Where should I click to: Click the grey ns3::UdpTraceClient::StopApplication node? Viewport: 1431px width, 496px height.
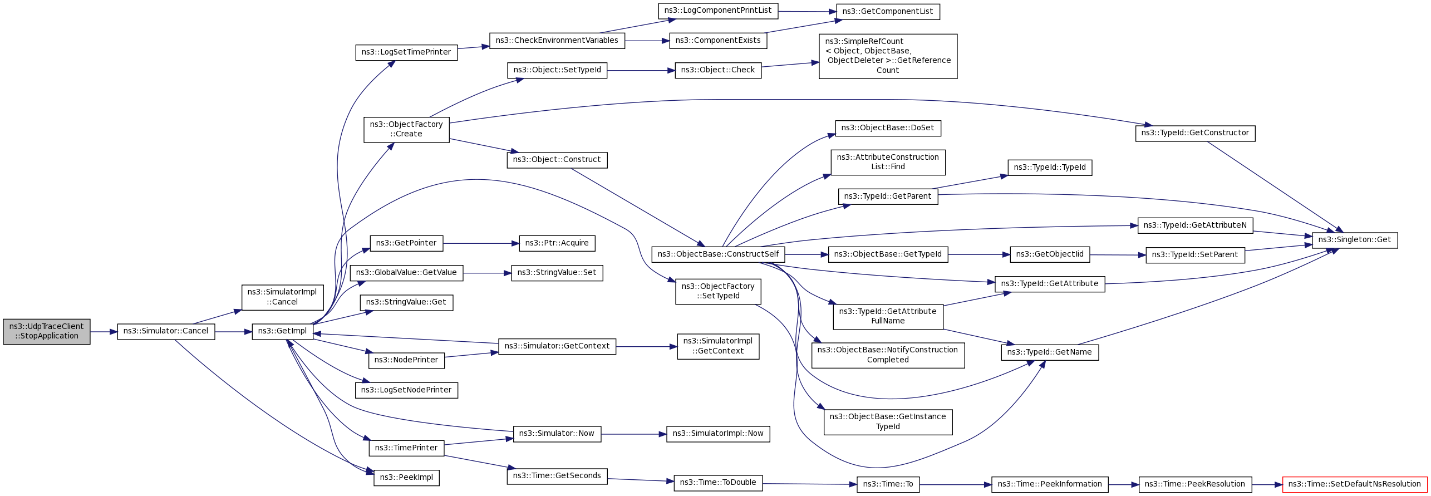coord(47,331)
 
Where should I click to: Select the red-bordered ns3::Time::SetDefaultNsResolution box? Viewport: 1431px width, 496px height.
coord(1355,484)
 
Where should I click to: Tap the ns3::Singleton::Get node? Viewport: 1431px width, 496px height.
coord(1355,240)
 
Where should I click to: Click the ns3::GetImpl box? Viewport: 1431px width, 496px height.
coord(282,331)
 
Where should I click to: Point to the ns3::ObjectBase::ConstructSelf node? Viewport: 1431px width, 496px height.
coord(718,254)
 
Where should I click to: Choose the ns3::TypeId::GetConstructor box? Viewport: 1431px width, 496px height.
coord(1195,133)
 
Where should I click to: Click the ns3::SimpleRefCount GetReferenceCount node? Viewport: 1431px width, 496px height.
coord(888,56)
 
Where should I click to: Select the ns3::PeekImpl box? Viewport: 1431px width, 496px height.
coord(406,478)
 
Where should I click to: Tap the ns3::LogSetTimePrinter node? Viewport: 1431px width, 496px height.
coord(406,52)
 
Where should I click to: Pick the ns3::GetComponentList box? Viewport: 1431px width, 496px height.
coord(888,12)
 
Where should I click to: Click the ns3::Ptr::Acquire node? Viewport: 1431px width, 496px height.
coord(557,243)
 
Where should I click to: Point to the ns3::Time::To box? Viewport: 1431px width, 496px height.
coord(888,484)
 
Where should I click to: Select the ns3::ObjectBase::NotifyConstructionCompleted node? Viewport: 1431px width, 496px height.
coord(888,355)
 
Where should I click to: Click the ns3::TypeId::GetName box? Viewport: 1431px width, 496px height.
coord(1050,352)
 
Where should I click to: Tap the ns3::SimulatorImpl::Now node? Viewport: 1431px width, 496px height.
coord(718,434)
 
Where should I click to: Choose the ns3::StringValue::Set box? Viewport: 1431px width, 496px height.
coord(557,273)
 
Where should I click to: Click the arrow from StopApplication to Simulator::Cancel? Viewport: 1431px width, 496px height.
coord(104,332)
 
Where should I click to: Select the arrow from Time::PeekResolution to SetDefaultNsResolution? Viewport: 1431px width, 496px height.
coord(1267,485)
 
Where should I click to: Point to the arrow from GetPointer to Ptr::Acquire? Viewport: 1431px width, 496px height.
coord(481,243)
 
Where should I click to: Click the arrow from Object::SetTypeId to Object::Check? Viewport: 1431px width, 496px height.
coord(641,71)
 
